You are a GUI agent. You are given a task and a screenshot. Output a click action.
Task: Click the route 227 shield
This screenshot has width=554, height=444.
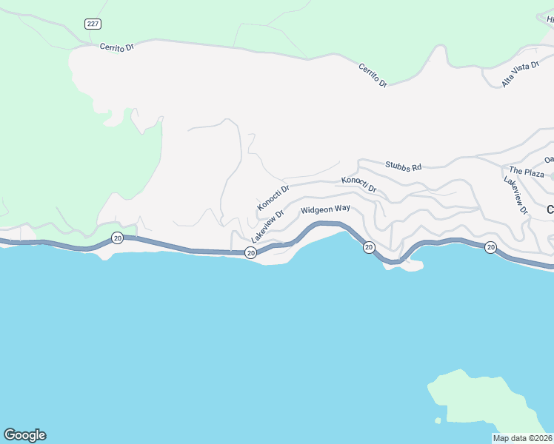93,24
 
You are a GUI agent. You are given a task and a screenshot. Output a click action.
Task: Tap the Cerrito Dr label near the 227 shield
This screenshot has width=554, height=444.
117,47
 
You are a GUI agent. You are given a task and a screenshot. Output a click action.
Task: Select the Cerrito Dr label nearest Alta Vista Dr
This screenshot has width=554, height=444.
373,75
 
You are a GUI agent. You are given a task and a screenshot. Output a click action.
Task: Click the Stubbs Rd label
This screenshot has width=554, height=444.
403,166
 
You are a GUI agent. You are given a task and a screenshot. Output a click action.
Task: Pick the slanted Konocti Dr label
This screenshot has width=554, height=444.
273,197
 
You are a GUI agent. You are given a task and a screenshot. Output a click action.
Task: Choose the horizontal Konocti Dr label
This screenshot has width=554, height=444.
359,184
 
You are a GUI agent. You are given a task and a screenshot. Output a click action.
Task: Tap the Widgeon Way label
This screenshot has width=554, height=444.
325,209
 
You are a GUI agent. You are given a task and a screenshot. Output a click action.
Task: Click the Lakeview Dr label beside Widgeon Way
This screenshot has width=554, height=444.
267,226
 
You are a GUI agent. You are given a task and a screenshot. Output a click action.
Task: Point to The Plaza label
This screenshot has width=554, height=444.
526,172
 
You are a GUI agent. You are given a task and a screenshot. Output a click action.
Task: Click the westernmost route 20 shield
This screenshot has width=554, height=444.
117,238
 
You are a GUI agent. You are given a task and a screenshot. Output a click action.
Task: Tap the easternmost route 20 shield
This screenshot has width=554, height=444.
490,247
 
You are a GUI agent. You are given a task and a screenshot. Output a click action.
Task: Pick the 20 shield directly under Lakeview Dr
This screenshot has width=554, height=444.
251,253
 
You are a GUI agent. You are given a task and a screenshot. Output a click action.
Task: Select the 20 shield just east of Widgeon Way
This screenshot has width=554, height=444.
368,247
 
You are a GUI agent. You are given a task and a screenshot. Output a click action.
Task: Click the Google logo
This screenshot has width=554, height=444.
24,435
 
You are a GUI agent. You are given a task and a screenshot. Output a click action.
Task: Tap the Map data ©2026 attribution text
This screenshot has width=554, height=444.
522,438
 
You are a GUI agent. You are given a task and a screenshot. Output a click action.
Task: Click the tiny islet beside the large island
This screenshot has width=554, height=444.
438,420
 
